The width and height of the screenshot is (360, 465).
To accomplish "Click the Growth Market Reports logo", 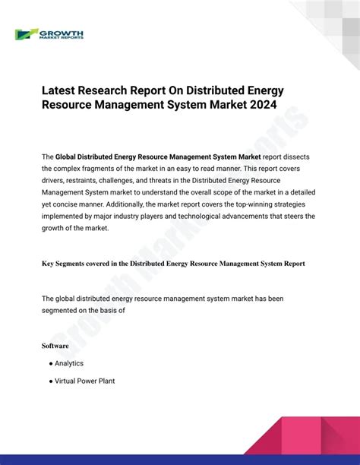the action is tap(49, 34).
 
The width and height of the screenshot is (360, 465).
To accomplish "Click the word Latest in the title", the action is tap(62, 90).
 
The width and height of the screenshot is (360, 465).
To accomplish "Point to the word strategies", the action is tap(290, 204).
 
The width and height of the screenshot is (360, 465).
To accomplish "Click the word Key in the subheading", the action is tap(48, 264).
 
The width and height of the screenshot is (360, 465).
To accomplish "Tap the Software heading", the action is tap(55, 346).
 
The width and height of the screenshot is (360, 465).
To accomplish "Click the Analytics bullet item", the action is tap(69, 363).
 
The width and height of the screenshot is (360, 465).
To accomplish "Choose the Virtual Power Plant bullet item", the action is tap(84, 381).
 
